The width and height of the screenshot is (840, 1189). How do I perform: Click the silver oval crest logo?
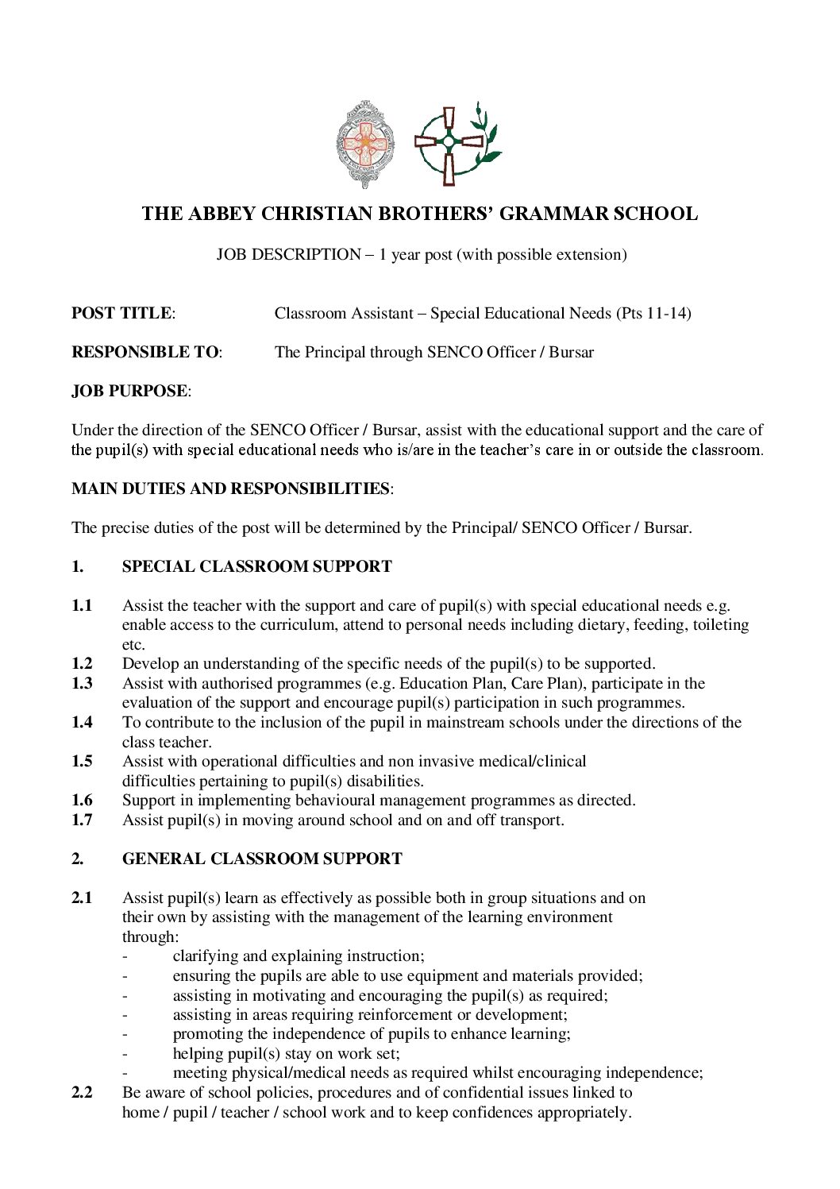[x=365, y=145]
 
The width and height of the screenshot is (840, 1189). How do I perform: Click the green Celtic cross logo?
[x=453, y=143]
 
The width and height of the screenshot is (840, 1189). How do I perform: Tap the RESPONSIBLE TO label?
[x=146, y=352]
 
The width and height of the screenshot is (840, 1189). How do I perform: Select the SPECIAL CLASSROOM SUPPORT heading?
[x=256, y=566]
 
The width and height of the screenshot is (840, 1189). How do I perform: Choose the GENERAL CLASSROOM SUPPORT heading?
[x=262, y=859]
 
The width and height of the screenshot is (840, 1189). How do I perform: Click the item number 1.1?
[x=82, y=606]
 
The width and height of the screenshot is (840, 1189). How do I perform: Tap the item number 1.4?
[x=82, y=722]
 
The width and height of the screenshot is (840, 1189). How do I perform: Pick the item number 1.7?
[x=82, y=820]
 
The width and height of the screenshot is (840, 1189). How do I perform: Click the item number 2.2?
[x=82, y=1092]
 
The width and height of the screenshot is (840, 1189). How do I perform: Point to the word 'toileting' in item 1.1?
[x=721, y=625]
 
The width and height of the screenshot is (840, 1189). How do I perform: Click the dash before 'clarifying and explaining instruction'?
[x=125, y=956]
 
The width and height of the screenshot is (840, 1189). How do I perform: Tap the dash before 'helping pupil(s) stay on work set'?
[x=125, y=1054]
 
